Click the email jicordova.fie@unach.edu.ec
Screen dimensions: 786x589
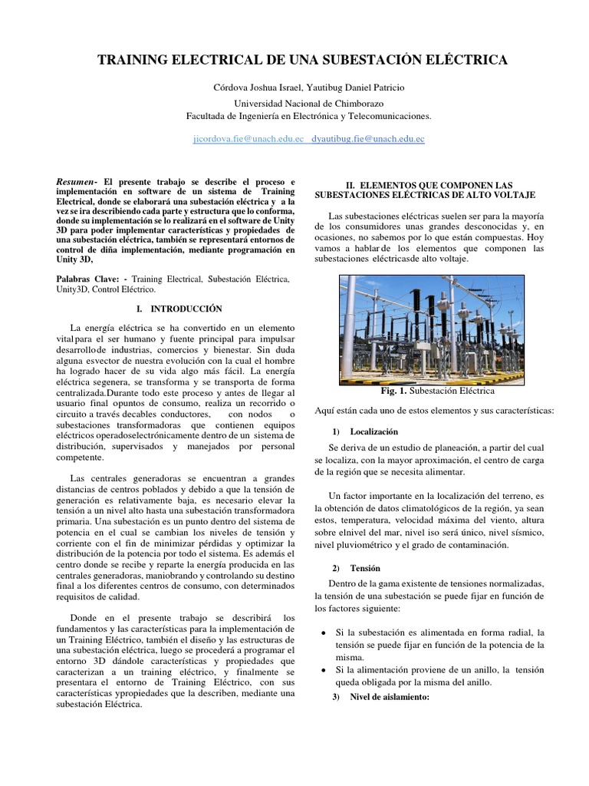[249, 139]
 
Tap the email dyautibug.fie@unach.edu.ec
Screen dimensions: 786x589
[368, 139]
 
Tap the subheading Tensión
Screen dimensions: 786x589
[364, 568]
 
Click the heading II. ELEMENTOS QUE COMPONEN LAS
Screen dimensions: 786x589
[439, 186]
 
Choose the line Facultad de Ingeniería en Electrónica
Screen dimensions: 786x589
[309, 116]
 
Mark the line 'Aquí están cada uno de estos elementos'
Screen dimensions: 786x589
[434, 411]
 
